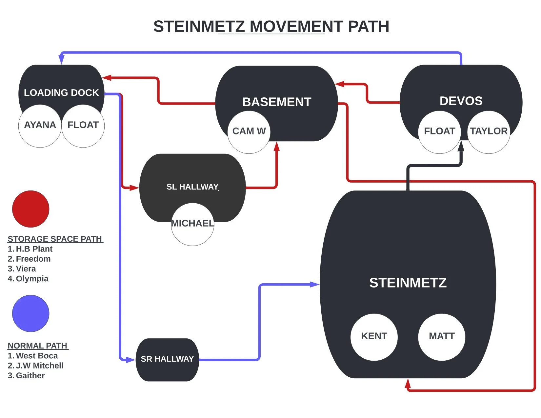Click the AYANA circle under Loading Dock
click(x=40, y=126)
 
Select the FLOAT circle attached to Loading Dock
click(x=83, y=126)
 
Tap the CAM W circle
click(x=249, y=131)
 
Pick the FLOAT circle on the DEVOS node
click(x=439, y=131)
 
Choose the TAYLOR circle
click(x=489, y=131)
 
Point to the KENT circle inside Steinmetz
click(x=374, y=337)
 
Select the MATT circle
click(x=442, y=337)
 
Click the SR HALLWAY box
click(x=167, y=359)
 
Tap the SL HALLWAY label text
click(x=192, y=187)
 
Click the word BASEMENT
click(x=276, y=102)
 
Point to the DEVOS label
click(x=461, y=101)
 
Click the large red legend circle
click(x=30, y=209)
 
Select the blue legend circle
click(x=30, y=313)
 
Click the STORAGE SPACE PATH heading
click(x=55, y=239)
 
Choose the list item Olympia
click(x=32, y=279)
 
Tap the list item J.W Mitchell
click(x=39, y=366)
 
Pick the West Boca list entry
click(x=37, y=356)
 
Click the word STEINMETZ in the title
click(x=199, y=27)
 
